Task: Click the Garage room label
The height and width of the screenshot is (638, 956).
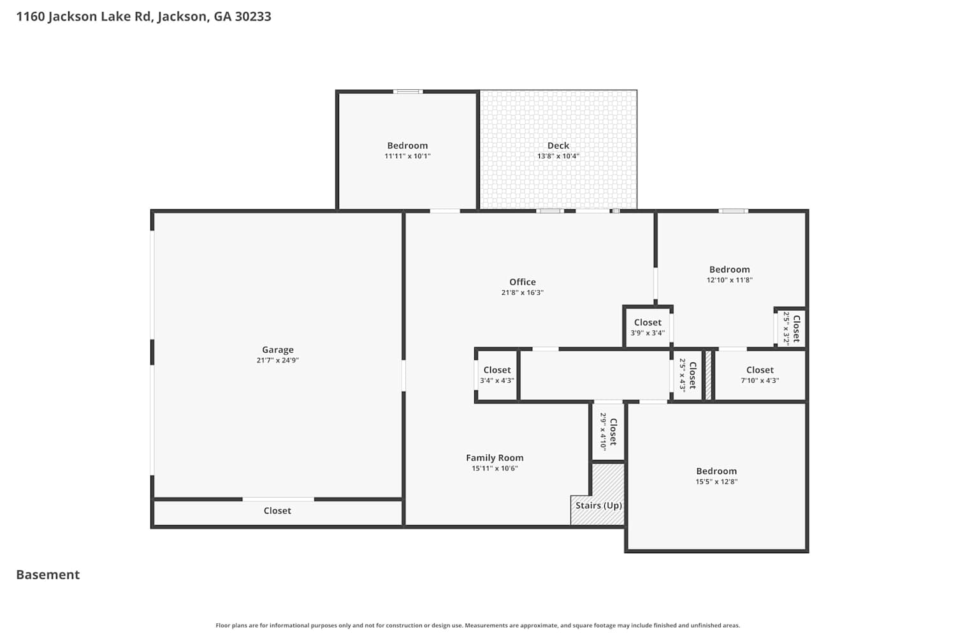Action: (277, 350)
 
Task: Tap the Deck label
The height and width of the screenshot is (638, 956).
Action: (558, 145)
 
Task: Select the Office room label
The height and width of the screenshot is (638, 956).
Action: (523, 281)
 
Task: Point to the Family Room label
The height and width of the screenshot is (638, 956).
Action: (495, 457)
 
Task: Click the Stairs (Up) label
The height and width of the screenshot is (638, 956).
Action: (598, 505)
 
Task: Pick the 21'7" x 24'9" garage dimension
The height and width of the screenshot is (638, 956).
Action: (277, 360)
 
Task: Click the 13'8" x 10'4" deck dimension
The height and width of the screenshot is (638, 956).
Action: (558, 156)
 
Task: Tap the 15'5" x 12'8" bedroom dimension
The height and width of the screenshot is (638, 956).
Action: (716, 482)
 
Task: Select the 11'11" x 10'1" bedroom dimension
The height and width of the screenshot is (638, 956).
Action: (408, 156)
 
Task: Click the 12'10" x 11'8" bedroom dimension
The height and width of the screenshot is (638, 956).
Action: (729, 280)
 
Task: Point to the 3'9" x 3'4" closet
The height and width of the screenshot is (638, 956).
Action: (648, 327)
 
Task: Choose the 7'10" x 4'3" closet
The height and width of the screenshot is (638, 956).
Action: (760, 376)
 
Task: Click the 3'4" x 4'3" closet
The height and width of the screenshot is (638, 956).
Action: (496, 376)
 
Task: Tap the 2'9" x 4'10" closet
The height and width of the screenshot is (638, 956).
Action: (608, 432)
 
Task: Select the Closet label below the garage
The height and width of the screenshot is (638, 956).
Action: (277, 510)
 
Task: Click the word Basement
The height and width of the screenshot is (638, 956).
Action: (48, 575)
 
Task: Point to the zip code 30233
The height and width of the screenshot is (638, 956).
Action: (253, 16)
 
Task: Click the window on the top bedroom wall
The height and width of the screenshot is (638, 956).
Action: (408, 91)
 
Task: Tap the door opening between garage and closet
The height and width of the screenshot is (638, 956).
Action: (279, 499)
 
